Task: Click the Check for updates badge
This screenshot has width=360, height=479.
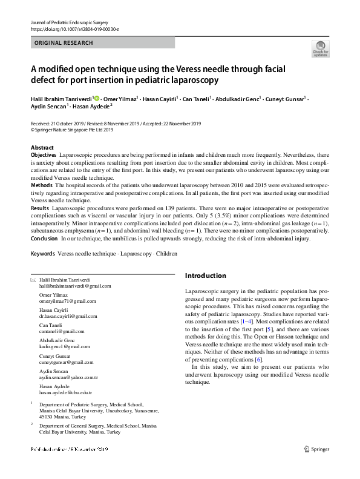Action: point(320,48)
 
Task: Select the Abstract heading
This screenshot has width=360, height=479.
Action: point(42,148)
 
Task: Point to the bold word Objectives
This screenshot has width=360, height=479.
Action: point(44,156)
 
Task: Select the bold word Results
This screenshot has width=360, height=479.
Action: point(40,208)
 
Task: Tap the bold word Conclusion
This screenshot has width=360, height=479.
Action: point(45,239)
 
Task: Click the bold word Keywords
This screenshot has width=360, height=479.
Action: point(43,253)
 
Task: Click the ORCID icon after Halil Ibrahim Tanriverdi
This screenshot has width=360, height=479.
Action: point(97,98)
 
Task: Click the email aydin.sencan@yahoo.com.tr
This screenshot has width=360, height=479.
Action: point(68,377)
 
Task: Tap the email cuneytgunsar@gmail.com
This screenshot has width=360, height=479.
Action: point(67,362)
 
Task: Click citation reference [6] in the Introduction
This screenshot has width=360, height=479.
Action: point(258,360)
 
